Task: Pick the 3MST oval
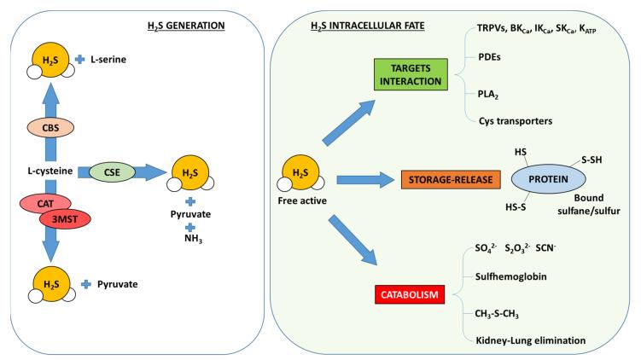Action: [65, 218]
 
